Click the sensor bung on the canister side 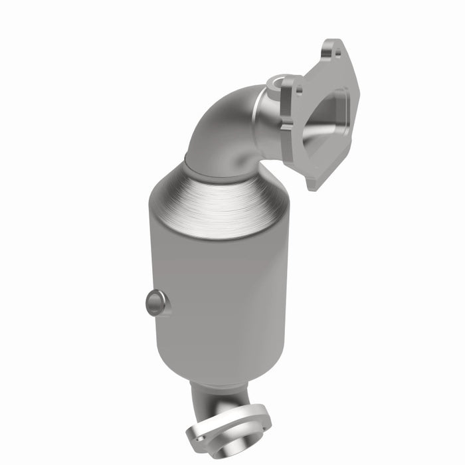coord(155,303)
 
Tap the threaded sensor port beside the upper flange coord(276,84)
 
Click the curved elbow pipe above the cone coord(219,133)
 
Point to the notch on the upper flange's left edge coord(288,124)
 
